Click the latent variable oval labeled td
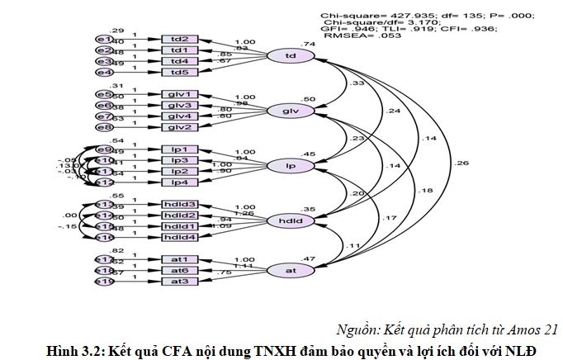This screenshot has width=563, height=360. click(291, 56)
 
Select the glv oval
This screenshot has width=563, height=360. click(291, 111)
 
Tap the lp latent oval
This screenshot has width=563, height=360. click(291, 166)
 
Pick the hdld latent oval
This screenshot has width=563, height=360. click(291, 220)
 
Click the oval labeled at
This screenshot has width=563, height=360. click(291, 270)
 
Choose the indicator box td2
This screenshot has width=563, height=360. click(179, 40)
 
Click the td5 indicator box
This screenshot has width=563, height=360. click(179, 72)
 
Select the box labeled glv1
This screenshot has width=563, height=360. click(179, 94)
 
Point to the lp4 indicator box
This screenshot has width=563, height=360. click(179, 182)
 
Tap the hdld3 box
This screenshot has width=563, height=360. click(179, 204)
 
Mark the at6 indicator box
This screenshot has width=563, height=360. click(179, 270)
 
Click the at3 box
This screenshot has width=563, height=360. click(179, 282)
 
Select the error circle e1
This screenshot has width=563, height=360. click(104, 40)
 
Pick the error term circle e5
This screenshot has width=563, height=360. click(104, 94)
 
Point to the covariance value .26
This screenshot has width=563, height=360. click(460, 163)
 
